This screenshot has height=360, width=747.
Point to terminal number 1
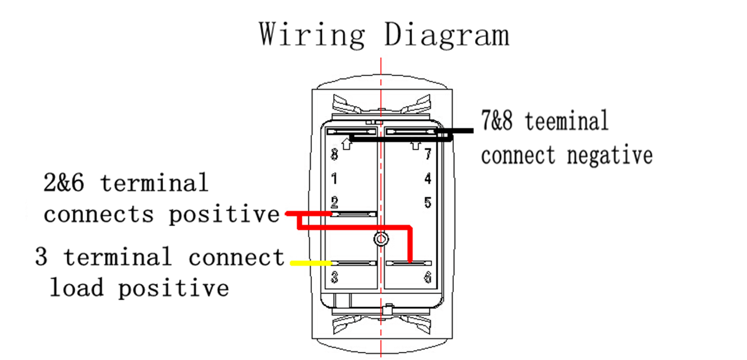334,179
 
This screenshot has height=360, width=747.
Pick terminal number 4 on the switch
428,179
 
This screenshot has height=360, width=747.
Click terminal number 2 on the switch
334,202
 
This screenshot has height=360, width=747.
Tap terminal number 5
428,202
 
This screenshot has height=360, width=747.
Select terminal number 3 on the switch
334,278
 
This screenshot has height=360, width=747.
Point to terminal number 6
428,278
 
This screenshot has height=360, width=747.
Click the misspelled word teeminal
566,121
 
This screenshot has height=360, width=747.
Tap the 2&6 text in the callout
63,184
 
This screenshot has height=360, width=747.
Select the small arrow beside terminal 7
416,144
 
